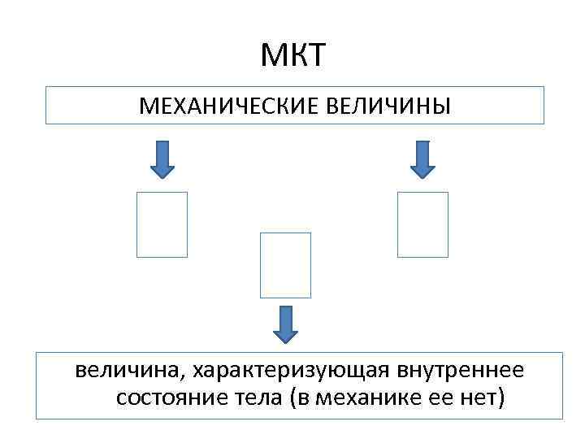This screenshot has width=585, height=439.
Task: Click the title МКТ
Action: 293,56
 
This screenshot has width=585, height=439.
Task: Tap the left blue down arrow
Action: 162,159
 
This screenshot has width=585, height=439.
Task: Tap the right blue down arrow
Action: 422,159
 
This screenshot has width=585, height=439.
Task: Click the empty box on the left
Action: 162,224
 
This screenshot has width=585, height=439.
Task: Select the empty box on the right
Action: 422,224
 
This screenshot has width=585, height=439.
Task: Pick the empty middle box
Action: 285,265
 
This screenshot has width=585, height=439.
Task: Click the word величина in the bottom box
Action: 128,371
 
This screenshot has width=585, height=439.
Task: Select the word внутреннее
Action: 461,371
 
